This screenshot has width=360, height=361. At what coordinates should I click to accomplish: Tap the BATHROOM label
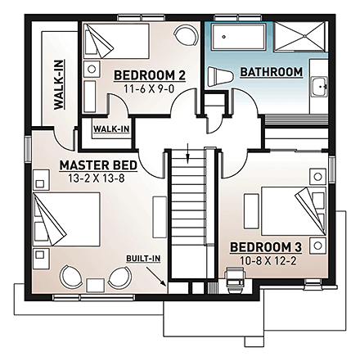point(271,73)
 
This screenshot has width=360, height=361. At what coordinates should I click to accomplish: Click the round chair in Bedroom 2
point(187,37)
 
